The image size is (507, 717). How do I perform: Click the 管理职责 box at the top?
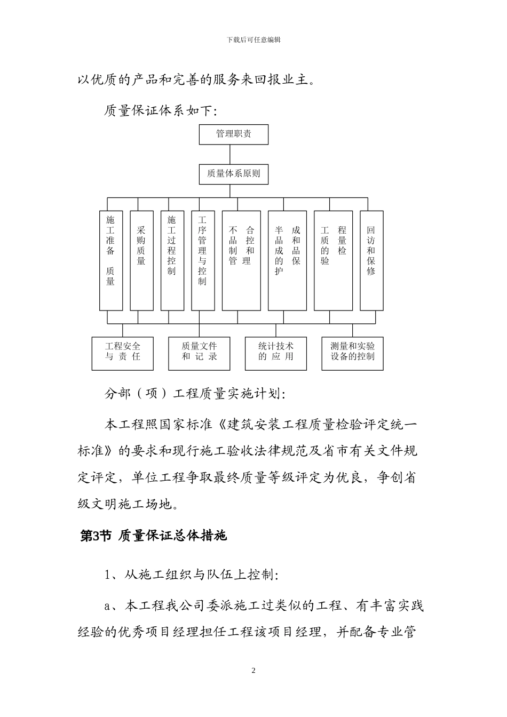(233, 134)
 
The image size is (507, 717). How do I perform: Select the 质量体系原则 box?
(233, 174)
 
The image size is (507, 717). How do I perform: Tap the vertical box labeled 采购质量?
(141, 260)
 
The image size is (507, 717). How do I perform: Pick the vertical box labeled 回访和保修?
(371, 260)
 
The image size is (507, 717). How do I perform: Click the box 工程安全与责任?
(122, 353)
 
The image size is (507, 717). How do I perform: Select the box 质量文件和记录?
(199, 353)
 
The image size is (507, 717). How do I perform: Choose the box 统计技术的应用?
(276, 353)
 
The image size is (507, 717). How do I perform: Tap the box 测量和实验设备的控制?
(352, 353)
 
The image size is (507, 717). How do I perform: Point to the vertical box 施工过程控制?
(172, 260)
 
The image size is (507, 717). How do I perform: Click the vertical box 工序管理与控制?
(203, 260)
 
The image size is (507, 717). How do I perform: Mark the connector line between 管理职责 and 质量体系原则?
(230, 154)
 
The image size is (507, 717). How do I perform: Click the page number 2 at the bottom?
(253, 671)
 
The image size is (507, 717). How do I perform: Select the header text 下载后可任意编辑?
(253, 40)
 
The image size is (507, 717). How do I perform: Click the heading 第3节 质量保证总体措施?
(153, 536)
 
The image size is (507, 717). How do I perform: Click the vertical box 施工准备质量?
(110, 260)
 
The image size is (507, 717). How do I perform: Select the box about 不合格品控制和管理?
(241, 260)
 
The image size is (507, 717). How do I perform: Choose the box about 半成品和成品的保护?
(287, 260)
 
